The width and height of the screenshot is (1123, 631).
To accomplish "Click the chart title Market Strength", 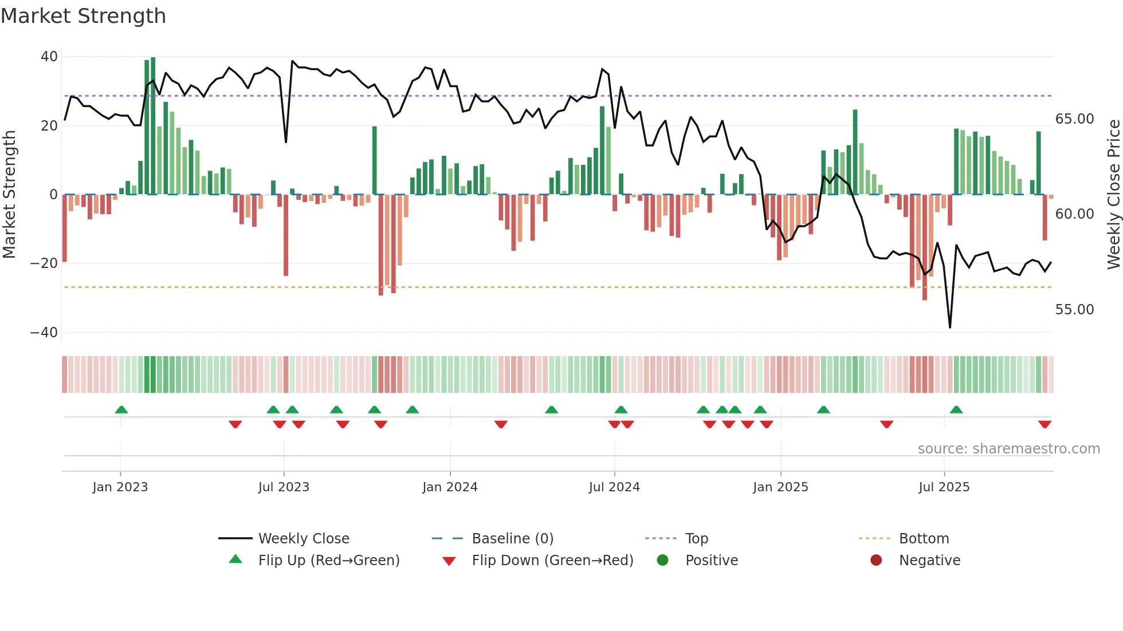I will [x=83, y=16].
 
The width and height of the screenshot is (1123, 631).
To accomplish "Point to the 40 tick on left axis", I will [x=49, y=57].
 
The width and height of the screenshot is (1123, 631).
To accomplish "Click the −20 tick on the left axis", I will [x=44, y=263].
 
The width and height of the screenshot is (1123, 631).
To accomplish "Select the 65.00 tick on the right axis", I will [x=1074, y=119].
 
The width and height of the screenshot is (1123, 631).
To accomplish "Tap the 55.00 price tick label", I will [x=1074, y=310].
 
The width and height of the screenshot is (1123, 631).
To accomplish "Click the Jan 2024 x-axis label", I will [x=450, y=487].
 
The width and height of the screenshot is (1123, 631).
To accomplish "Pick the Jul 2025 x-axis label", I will [x=944, y=487].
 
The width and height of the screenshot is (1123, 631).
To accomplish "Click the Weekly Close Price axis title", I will [x=1113, y=195].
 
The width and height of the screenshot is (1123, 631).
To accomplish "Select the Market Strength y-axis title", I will [x=9, y=195].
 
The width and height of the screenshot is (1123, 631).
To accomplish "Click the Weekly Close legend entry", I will [x=303, y=539].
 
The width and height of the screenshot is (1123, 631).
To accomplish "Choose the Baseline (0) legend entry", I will [x=512, y=539].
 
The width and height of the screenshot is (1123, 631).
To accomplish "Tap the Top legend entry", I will [x=696, y=539].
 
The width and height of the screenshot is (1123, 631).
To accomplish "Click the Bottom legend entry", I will [x=924, y=539].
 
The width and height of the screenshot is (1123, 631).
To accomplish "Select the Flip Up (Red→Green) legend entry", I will [x=328, y=561].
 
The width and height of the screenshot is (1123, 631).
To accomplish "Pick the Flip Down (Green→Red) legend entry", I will [x=552, y=561].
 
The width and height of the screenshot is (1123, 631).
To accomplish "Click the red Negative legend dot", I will [x=876, y=561].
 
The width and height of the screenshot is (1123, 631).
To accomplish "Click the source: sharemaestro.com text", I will [x=1008, y=449].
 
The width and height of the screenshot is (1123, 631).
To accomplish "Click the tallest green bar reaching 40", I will [x=153, y=126].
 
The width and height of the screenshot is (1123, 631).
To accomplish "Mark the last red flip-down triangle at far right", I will [x=1045, y=424].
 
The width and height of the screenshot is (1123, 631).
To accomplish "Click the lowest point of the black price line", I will [x=950, y=327].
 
